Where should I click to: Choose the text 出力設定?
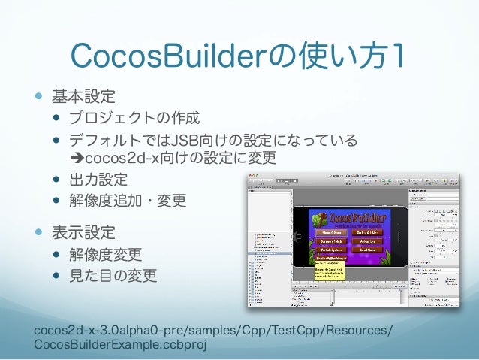(x=98, y=180)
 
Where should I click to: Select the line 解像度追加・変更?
(x=127, y=201)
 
